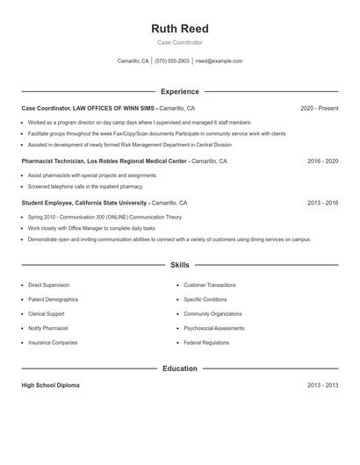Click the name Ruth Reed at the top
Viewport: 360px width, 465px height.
(179, 29)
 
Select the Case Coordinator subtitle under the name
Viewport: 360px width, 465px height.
(179, 42)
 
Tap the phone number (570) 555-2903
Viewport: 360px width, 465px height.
(172, 61)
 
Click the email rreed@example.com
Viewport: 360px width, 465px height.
(219, 61)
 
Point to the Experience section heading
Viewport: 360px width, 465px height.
(179, 91)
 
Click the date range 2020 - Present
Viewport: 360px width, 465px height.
(319, 108)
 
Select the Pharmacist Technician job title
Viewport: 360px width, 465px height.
(58, 161)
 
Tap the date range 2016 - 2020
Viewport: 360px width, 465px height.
(322, 161)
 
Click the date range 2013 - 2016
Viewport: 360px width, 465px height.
(322, 203)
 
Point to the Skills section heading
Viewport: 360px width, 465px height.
(179, 264)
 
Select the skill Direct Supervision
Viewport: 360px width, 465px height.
(48, 285)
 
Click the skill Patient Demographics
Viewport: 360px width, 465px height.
(53, 299)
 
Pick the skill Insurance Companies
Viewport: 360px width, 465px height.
(53, 342)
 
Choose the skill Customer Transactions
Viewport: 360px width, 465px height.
(209, 285)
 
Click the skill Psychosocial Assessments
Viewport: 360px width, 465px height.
(213, 328)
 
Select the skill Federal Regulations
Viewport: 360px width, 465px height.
(206, 342)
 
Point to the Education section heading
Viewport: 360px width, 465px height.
(179, 368)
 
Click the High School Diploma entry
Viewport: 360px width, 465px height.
(50, 385)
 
